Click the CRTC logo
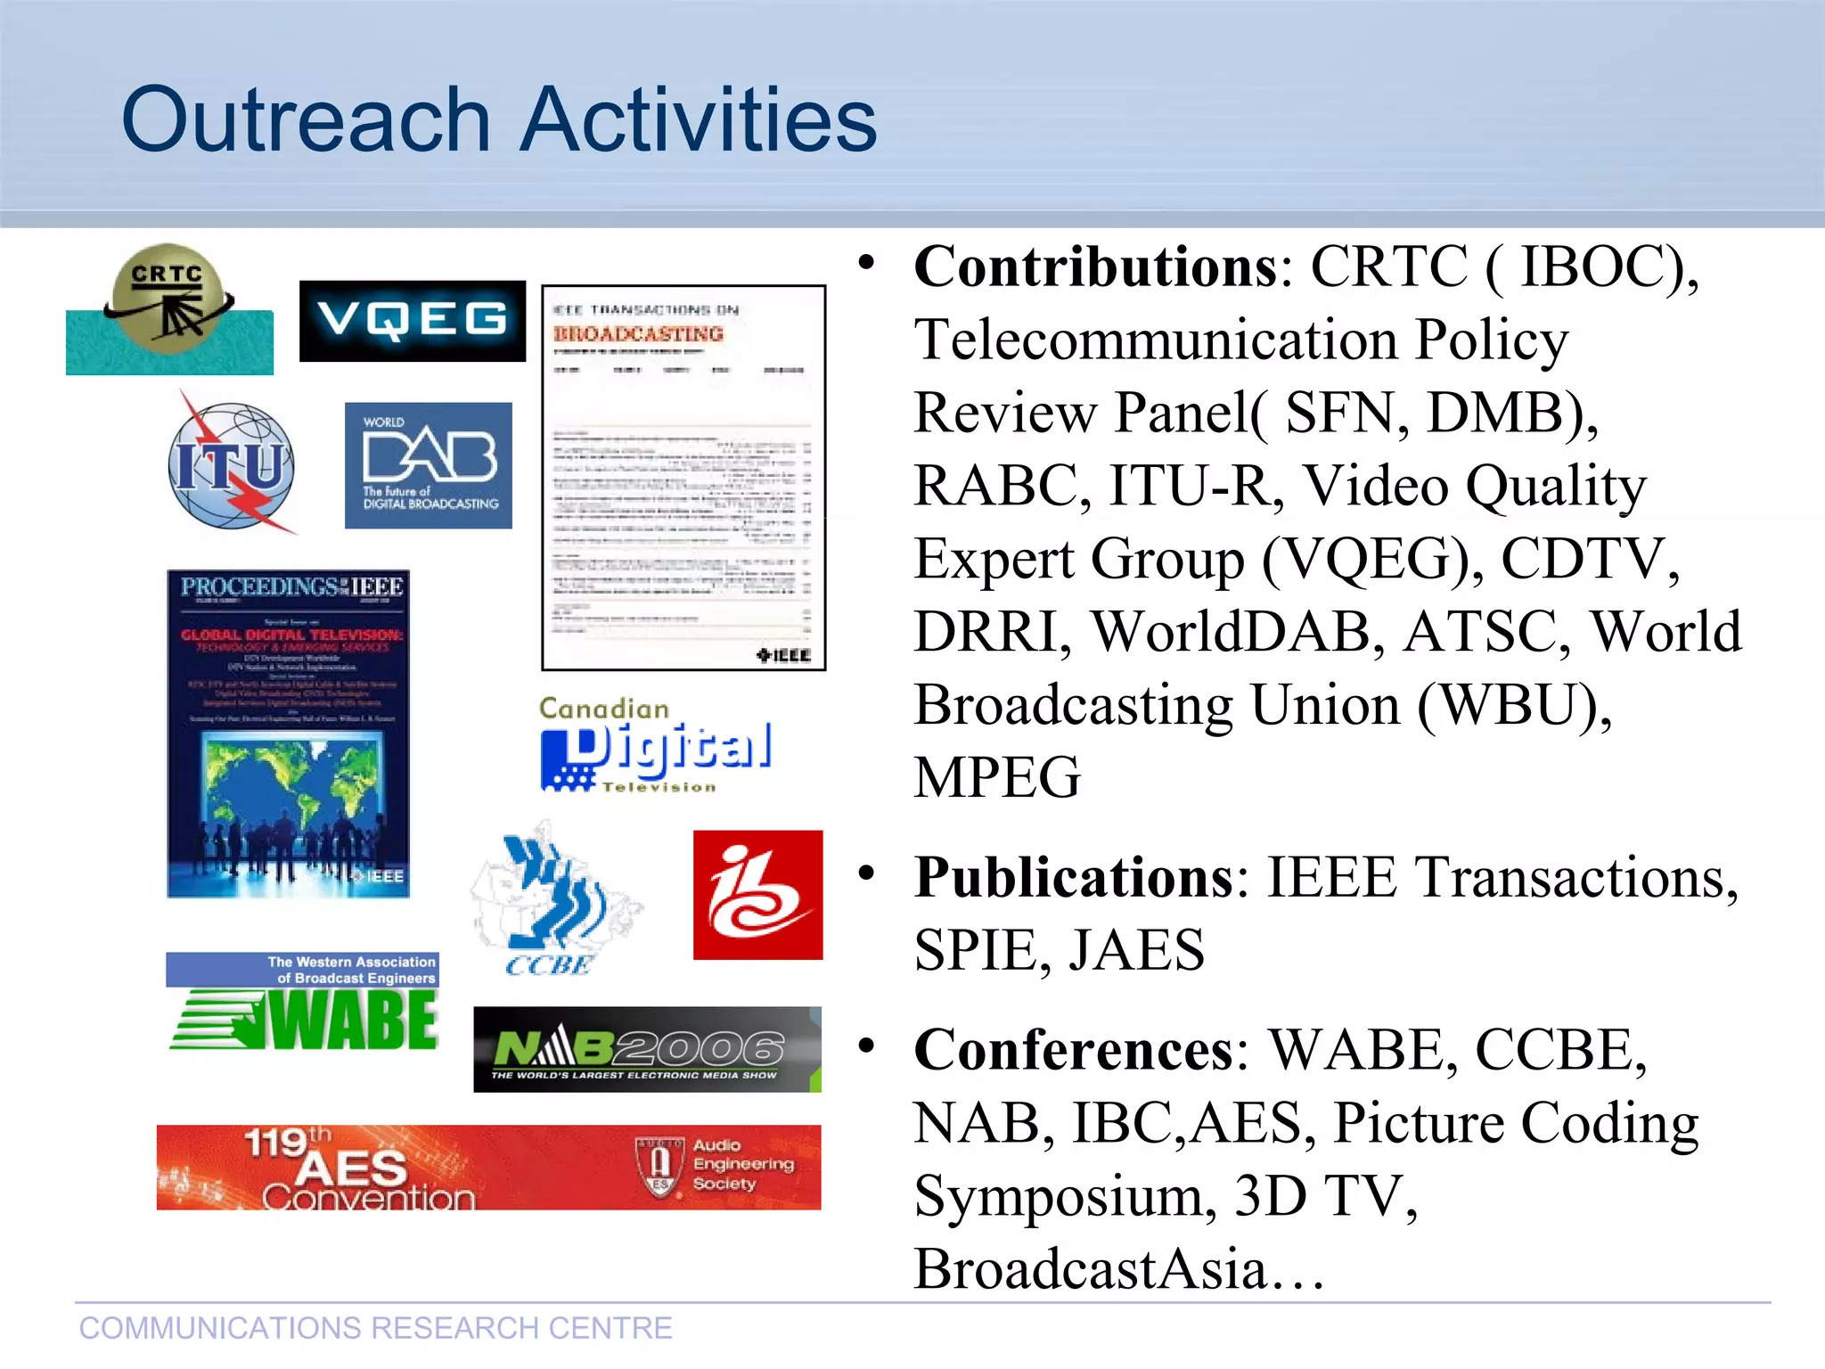point(168,308)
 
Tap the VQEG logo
point(412,321)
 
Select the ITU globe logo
point(232,464)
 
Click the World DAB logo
point(428,465)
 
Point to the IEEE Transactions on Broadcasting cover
point(683,478)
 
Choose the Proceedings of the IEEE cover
point(289,733)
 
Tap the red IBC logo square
point(757,895)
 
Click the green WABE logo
point(303,1003)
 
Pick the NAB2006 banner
point(647,1050)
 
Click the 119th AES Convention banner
point(488,1167)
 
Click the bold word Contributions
point(1096,266)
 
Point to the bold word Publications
point(1074,877)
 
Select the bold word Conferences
point(1074,1049)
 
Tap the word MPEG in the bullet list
point(997,777)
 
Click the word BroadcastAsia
point(1090,1268)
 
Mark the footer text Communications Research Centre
point(375,1328)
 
